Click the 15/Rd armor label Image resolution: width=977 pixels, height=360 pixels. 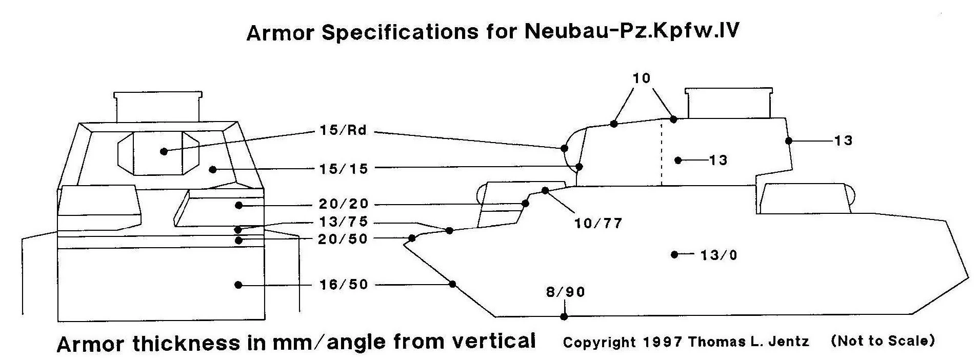(343, 130)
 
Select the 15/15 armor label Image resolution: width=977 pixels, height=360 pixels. (343, 168)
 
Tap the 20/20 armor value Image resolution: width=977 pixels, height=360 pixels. (343, 204)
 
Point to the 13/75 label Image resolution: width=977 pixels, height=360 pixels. (343, 222)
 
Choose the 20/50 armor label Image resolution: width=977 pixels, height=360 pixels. (343, 239)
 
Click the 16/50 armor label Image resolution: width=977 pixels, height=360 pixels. (343, 285)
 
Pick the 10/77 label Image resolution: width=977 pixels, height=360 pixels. (598, 224)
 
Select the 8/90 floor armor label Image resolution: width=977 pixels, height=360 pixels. (565, 292)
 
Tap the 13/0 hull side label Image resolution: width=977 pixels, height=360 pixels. (718, 255)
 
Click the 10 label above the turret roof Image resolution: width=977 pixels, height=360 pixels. (641, 78)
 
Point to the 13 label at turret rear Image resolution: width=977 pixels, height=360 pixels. (843, 141)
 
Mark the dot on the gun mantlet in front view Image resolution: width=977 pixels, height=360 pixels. (164, 151)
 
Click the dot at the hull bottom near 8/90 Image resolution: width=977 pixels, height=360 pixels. (564, 317)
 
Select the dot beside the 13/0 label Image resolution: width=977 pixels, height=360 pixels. (674, 254)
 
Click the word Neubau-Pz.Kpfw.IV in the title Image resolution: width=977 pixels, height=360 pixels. (632, 32)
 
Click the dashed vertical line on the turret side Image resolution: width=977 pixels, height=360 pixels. (661, 154)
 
